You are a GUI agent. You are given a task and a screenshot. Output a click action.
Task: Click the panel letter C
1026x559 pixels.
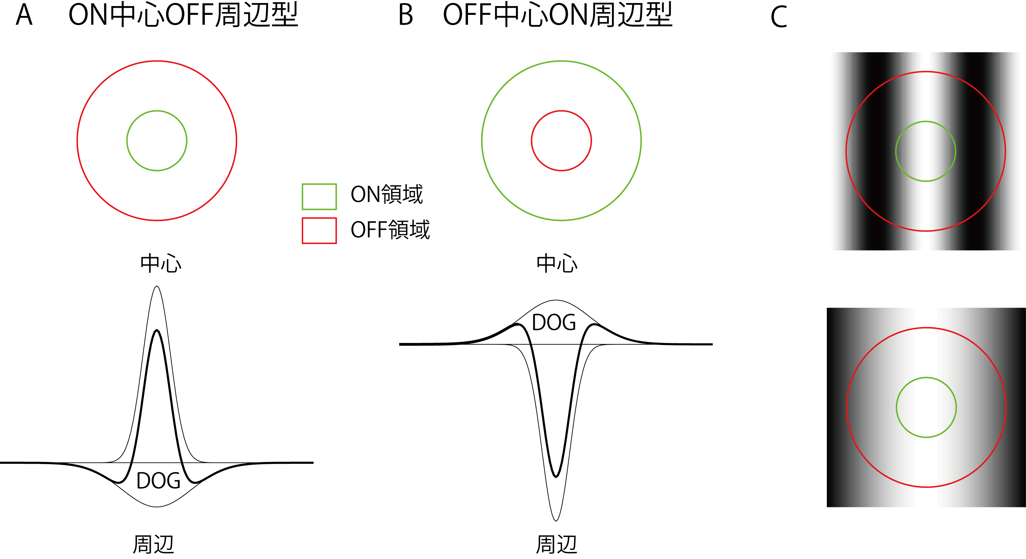tap(779, 17)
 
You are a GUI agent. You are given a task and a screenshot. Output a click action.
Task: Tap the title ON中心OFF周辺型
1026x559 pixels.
tap(183, 15)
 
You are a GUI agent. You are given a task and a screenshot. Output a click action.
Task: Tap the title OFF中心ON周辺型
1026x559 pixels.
tap(558, 15)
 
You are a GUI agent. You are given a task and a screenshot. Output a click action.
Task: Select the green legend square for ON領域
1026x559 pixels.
tap(319, 196)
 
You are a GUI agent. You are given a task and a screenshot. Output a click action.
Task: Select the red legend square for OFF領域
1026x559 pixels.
tap(319, 231)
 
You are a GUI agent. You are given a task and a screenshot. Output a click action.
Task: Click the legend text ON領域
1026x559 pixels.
tap(386, 194)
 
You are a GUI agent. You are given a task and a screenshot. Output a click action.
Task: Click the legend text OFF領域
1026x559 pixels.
tap(390, 230)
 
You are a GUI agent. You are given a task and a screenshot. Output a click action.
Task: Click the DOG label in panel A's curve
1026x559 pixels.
tap(158, 480)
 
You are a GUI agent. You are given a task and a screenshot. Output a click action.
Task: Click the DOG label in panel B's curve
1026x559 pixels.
tap(554, 322)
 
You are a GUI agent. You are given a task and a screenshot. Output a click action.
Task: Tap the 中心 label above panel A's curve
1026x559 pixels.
tap(160, 263)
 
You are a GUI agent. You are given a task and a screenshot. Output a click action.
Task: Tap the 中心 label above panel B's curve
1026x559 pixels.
tap(557, 263)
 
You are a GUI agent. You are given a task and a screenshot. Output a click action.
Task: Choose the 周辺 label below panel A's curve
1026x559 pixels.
tap(153, 544)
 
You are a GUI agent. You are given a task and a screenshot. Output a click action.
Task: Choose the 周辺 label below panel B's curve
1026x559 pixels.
tap(556, 544)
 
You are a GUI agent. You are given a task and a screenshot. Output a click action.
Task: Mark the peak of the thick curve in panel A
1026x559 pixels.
tap(157, 330)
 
